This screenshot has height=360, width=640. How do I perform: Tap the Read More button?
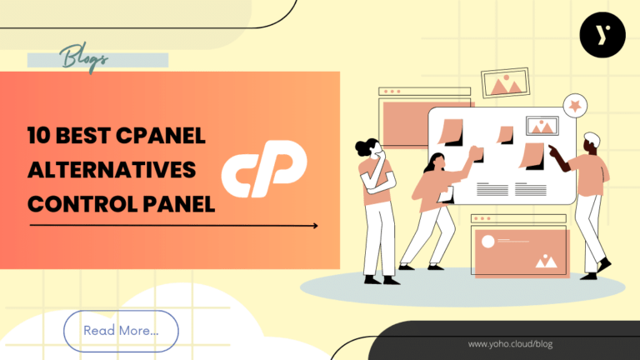[x=121, y=330]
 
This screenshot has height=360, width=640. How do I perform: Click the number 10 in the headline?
[x=37, y=137]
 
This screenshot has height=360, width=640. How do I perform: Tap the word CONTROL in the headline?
[x=77, y=202]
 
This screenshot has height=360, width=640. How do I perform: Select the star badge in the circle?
[x=573, y=105]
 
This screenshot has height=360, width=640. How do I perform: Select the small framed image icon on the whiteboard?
[x=543, y=127]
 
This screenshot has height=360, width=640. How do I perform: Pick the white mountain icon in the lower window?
[x=546, y=261]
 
